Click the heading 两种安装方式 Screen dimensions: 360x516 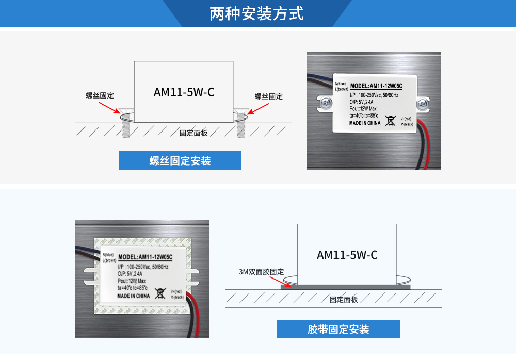point(256,13)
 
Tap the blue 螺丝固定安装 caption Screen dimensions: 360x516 point(180,161)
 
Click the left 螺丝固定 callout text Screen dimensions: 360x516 point(100,95)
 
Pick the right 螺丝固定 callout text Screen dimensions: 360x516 point(268,96)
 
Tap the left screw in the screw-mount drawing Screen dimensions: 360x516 point(125,124)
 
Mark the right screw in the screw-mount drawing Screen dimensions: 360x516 point(240,124)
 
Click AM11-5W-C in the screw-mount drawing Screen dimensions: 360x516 point(184,92)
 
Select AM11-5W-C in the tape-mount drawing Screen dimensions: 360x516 point(347,255)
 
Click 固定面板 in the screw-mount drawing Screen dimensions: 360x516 point(193,133)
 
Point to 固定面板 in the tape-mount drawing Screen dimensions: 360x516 point(344,300)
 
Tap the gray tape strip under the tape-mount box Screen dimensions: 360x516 point(345,286)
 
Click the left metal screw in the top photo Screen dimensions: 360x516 point(326,103)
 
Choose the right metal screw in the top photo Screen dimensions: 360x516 point(423,103)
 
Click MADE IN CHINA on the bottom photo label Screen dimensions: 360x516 point(134,297)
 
